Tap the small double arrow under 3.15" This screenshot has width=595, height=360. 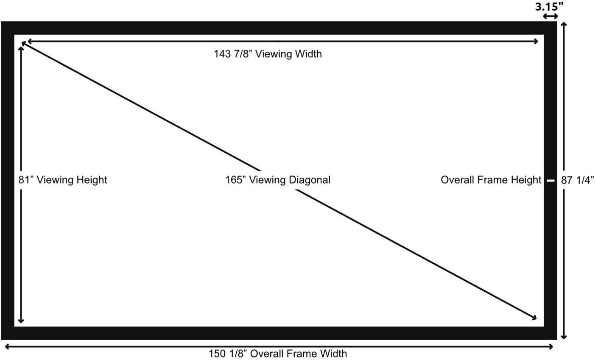550,16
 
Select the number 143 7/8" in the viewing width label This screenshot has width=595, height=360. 232,54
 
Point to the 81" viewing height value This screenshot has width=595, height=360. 25,180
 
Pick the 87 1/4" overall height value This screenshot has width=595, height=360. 577,180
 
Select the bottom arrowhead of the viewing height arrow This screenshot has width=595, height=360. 21,321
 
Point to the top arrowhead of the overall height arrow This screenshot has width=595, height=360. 564,25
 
